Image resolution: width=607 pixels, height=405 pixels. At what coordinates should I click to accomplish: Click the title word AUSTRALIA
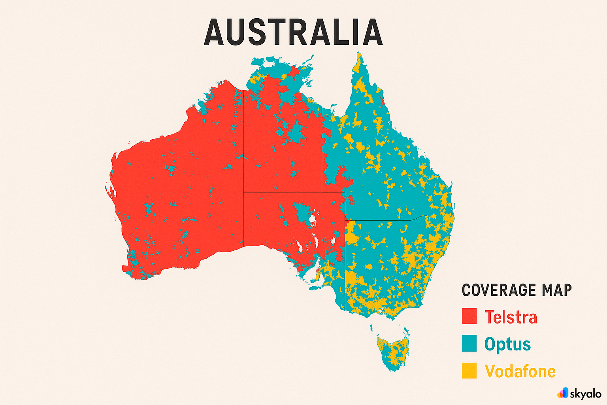(x=293, y=32)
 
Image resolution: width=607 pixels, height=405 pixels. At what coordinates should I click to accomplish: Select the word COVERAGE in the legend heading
(x=499, y=290)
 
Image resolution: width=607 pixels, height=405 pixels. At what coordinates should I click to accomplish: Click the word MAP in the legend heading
(x=557, y=290)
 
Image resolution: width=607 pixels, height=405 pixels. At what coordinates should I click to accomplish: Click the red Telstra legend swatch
(x=469, y=317)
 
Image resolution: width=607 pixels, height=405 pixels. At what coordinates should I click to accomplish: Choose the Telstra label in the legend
(x=511, y=317)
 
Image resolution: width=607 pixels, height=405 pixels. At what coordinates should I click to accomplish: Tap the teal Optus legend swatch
(x=469, y=344)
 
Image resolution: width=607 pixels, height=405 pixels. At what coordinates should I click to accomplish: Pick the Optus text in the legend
(x=507, y=344)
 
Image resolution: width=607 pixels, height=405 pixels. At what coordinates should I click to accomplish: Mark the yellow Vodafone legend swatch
(x=469, y=371)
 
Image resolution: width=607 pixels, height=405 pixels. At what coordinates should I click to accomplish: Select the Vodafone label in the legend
(x=520, y=371)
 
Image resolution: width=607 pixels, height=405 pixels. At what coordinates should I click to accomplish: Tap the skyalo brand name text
(x=585, y=394)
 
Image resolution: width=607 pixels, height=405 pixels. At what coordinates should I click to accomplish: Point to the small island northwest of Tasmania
(x=371, y=327)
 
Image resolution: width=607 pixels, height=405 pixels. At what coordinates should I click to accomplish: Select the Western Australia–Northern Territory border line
(x=243, y=158)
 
